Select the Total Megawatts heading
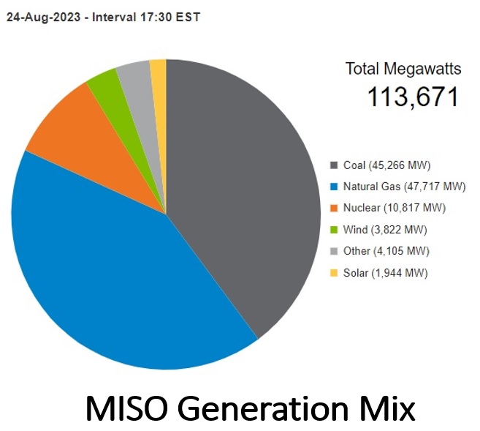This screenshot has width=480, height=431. (403, 70)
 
